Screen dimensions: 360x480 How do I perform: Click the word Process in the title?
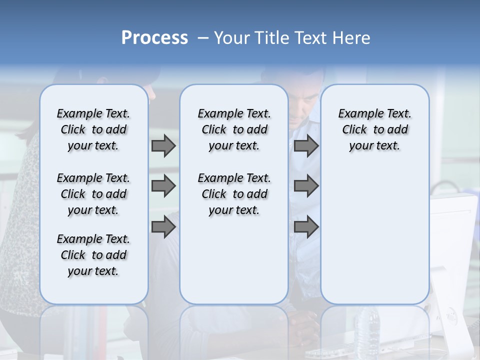click(x=154, y=37)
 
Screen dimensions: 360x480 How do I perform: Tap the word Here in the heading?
click(x=352, y=38)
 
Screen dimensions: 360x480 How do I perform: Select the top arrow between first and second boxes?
click(x=163, y=146)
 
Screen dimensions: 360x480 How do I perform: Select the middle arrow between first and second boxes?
click(x=163, y=186)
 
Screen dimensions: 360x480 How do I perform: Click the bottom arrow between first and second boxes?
click(x=163, y=227)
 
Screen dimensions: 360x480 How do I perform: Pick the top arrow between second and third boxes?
click(x=306, y=146)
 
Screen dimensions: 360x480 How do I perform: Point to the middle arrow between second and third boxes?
click(x=306, y=186)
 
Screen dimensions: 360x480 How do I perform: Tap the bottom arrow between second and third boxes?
click(x=306, y=227)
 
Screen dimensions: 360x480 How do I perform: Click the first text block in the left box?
click(x=93, y=129)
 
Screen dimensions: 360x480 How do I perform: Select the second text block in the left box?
click(x=93, y=194)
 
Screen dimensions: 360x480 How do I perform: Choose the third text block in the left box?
click(x=93, y=255)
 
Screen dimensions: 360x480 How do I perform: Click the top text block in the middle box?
click(x=234, y=129)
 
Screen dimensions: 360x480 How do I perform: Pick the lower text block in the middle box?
click(x=234, y=194)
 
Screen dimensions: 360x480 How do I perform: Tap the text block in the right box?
click(x=374, y=129)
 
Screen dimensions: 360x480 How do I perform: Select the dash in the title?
click(x=202, y=38)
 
